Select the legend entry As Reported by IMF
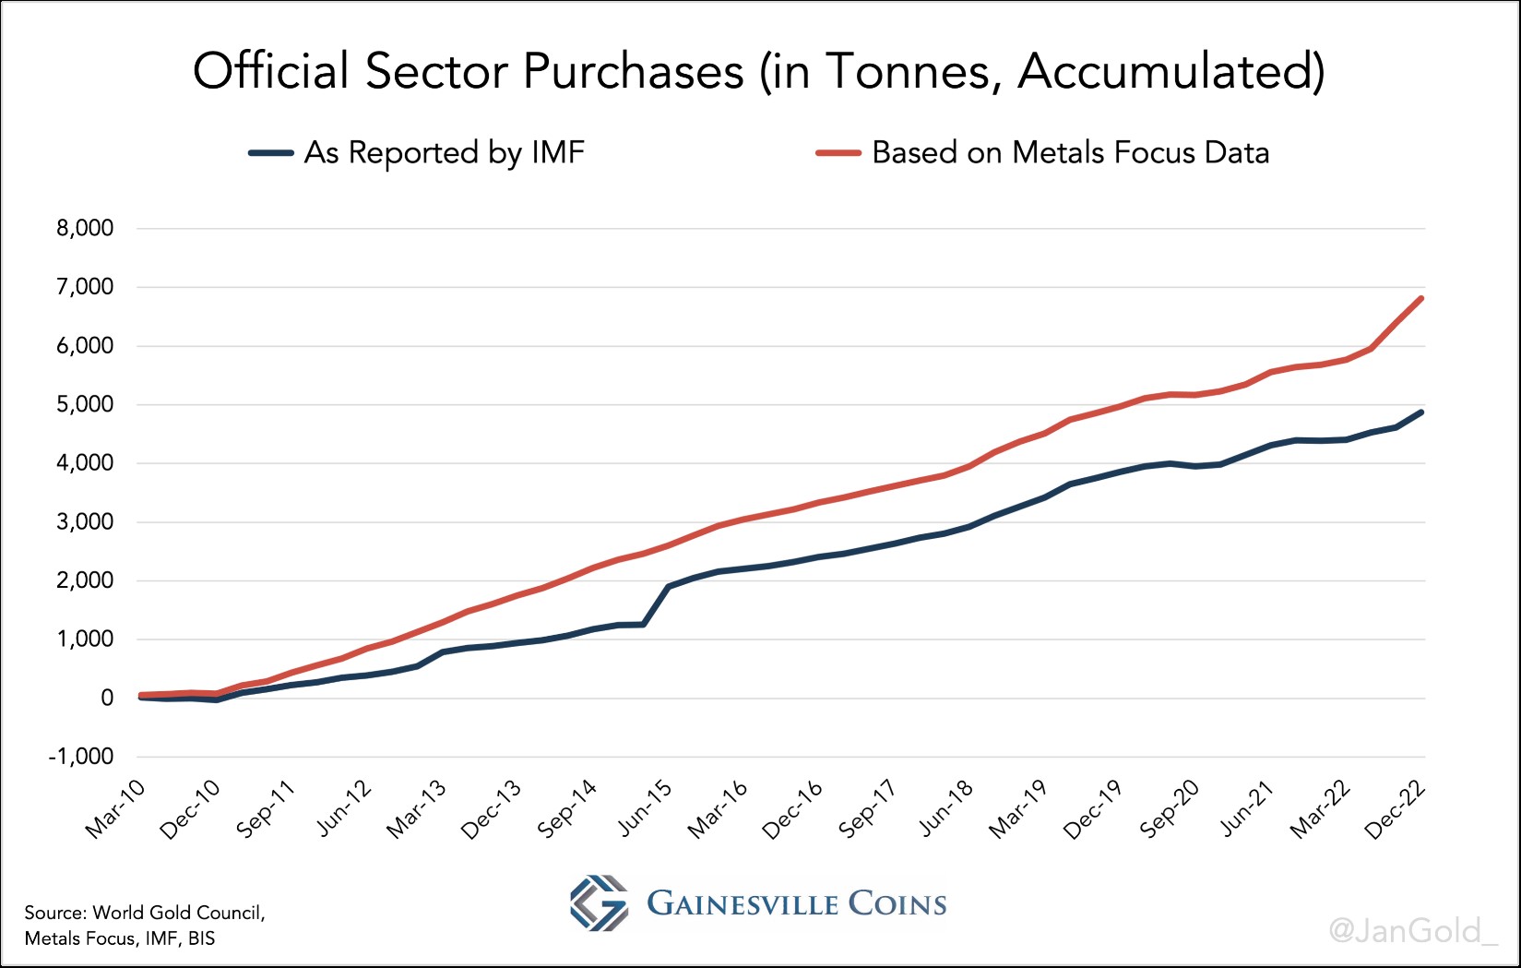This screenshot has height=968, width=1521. [x=444, y=152]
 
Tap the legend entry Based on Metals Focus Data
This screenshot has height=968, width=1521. [x=1070, y=152]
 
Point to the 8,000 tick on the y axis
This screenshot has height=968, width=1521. [x=85, y=229]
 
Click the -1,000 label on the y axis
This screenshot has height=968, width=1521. [x=82, y=757]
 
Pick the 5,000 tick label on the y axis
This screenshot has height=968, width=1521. [x=85, y=405]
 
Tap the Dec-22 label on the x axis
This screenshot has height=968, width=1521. [x=1396, y=809]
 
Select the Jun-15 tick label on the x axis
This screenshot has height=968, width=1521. [x=645, y=809]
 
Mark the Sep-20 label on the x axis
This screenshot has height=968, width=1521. [x=1170, y=809]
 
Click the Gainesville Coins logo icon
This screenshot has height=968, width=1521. [x=599, y=902]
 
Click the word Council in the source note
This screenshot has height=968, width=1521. [x=228, y=913]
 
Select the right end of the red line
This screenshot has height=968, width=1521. [x=1421, y=298]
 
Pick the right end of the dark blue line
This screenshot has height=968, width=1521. [x=1421, y=412]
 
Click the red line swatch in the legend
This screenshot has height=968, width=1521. [x=838, y=153]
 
